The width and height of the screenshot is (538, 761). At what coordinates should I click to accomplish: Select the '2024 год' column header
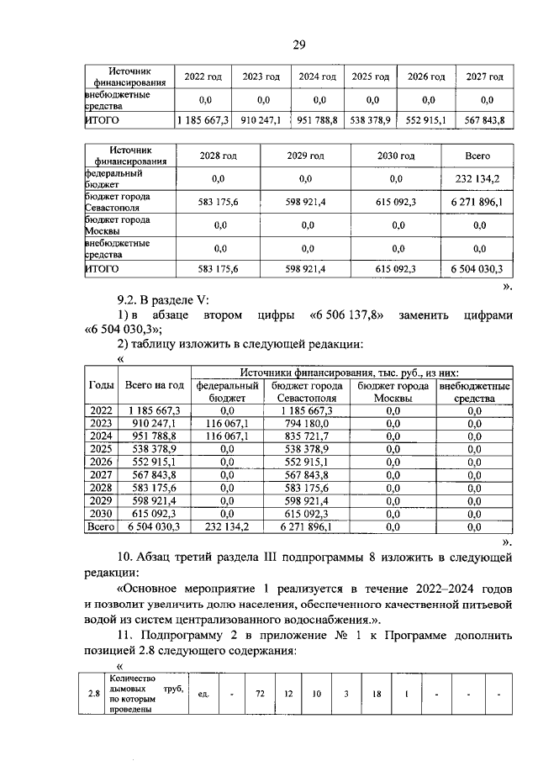point(317,77)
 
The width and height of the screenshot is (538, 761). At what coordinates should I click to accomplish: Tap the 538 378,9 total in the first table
point(370,120)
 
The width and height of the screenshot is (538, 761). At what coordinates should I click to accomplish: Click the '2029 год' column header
point(305,156)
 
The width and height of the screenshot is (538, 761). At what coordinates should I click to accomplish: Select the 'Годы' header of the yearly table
point(102,384)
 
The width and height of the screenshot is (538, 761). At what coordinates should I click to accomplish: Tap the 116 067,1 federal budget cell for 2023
point(227,423)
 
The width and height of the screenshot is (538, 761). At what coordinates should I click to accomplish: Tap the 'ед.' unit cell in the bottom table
point(203,694)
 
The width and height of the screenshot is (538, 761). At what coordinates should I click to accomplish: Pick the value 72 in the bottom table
point(261,694)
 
